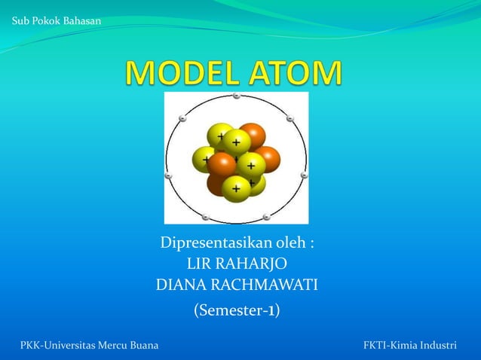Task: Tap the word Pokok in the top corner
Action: (x=49, y=19)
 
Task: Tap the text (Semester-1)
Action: (x=237, y=310)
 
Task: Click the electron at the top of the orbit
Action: (x=236, y=96)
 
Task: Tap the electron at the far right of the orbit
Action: (x=304, y=175)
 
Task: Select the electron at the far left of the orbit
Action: (x=168, y=175)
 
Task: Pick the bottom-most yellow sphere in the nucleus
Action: (x=236, y=188)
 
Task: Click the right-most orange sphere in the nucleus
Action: (x=267, y=159)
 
